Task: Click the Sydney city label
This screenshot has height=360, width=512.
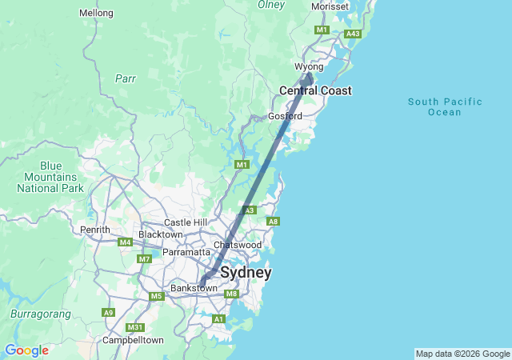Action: [x=246, y=273]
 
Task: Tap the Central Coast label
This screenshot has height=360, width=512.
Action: [x=315, y=91]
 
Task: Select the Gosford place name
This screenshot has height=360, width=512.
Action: [x=285, y=116]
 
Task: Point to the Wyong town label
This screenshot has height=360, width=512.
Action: [x=309, y=66]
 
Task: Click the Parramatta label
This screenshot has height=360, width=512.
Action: [x=186, y=252]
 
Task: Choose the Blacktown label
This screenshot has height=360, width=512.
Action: [x=161, y=234]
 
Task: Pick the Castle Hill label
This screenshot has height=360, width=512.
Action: [x=186, y=222]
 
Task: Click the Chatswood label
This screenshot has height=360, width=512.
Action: [x=238, y=245]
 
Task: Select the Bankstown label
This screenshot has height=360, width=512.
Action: [x=194, y=288]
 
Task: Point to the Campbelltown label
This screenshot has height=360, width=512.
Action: [x=133, y=340]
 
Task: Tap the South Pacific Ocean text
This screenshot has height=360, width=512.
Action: [x=445, y=106]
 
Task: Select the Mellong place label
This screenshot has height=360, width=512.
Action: [x=97, y=13]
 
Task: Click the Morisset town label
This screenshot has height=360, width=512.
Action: [x=330, y=6]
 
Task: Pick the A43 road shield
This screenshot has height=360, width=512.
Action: [x=353, y=34]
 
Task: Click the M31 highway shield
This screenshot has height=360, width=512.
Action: [x=136, y=328]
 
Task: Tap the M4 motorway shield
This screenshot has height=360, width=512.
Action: [x=124, y=242]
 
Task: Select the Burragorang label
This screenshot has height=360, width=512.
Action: [x=41, y=314]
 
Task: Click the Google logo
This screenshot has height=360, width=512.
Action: [x=26, y=350]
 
